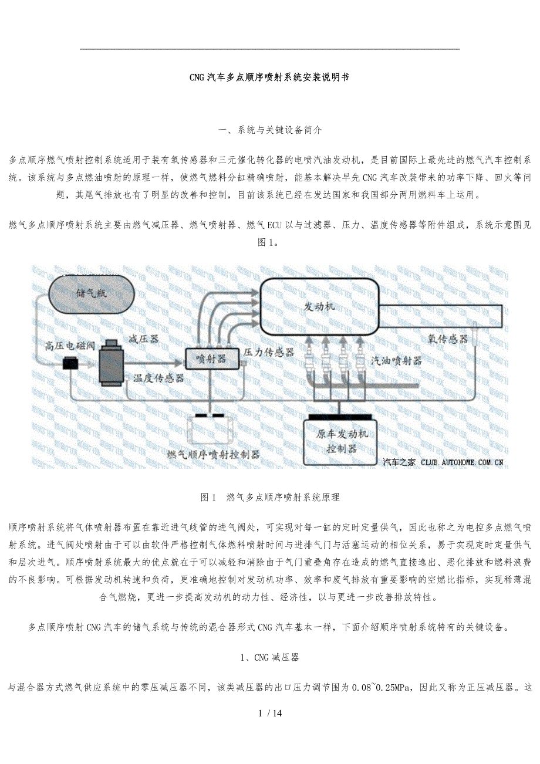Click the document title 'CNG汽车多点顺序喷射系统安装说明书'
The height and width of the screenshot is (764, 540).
[x=269, y=77]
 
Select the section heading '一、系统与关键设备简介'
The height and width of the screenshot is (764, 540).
[x=269, y=130]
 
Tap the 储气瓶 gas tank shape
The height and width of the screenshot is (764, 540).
[x=89, y=292]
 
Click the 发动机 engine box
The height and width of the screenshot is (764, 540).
[x=319, y=307]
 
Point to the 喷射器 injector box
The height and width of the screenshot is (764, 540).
[x=212, y=358]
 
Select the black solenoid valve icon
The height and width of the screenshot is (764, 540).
[x=70, y=364]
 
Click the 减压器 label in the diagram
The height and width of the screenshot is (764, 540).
[x=143, y=339]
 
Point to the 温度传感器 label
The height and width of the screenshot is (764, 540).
[x=158, y=378]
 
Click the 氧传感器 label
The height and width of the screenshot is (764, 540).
[x=447, y=339]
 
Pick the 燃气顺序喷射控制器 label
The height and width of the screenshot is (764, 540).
[x=214, y=454]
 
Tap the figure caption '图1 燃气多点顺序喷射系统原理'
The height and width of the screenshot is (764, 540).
[x=269, y=497]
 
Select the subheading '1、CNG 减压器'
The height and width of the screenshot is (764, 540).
[x=269, y=657]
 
